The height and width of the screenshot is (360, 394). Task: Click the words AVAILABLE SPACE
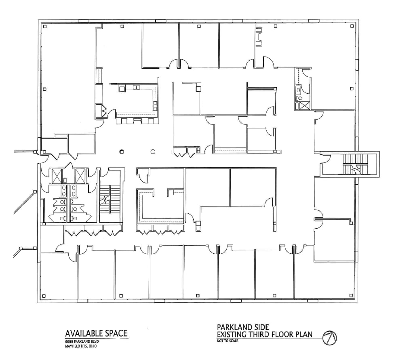tap(96, 333)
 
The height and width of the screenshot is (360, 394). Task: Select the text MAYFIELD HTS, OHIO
tap(81, 346)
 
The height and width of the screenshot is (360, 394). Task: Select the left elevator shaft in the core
tap(56, 176)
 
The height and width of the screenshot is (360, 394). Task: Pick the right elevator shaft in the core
tap(81, 176)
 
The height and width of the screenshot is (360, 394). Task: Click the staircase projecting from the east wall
tap(355, 164)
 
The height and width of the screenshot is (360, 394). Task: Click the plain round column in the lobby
tap(153, 152)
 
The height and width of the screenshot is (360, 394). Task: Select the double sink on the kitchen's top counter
tap(137, 86)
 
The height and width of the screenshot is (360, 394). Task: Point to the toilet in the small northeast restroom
tap(299, 97)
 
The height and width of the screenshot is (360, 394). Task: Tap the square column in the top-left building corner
tap(45, 27)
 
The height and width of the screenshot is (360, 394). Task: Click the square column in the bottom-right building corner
tap(350, 296)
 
